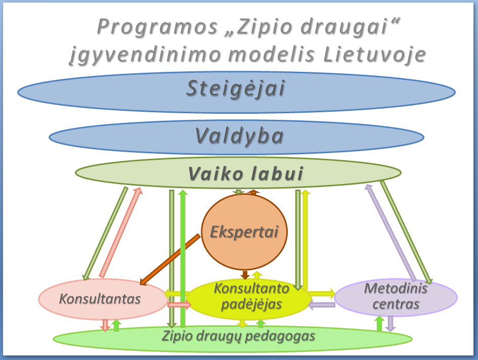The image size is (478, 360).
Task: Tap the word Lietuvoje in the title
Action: (x=374, y=55)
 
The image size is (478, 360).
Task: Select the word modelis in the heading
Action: (x=272, y=55)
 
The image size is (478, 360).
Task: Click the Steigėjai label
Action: (x=236, y=89)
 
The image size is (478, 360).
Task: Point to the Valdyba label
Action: (x=239, y=136)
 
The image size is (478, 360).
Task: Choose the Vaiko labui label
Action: (x=246, y=174)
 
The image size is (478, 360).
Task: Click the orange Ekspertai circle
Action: (x=244, y=232)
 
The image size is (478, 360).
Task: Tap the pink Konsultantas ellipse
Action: (x=103, y=299)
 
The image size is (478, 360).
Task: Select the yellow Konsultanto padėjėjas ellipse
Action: (x=249, y=299)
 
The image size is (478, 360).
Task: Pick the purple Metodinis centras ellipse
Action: (x=396, y=297)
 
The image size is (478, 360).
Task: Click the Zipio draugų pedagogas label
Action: (x=238, y=336)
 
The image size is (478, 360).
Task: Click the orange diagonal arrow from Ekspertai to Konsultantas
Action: (x=170, y=260)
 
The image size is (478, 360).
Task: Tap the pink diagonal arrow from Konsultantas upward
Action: (x=121, y=233)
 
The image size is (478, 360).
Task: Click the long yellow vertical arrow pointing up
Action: (x=305, y=239)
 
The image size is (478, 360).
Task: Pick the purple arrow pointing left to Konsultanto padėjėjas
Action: (x=322, y=304)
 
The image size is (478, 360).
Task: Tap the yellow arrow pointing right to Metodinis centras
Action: (x=322, y=294)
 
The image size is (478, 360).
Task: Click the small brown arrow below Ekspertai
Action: (x=245, y=275)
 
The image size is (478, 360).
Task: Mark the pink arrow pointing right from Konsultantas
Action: (x=179, y=304)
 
